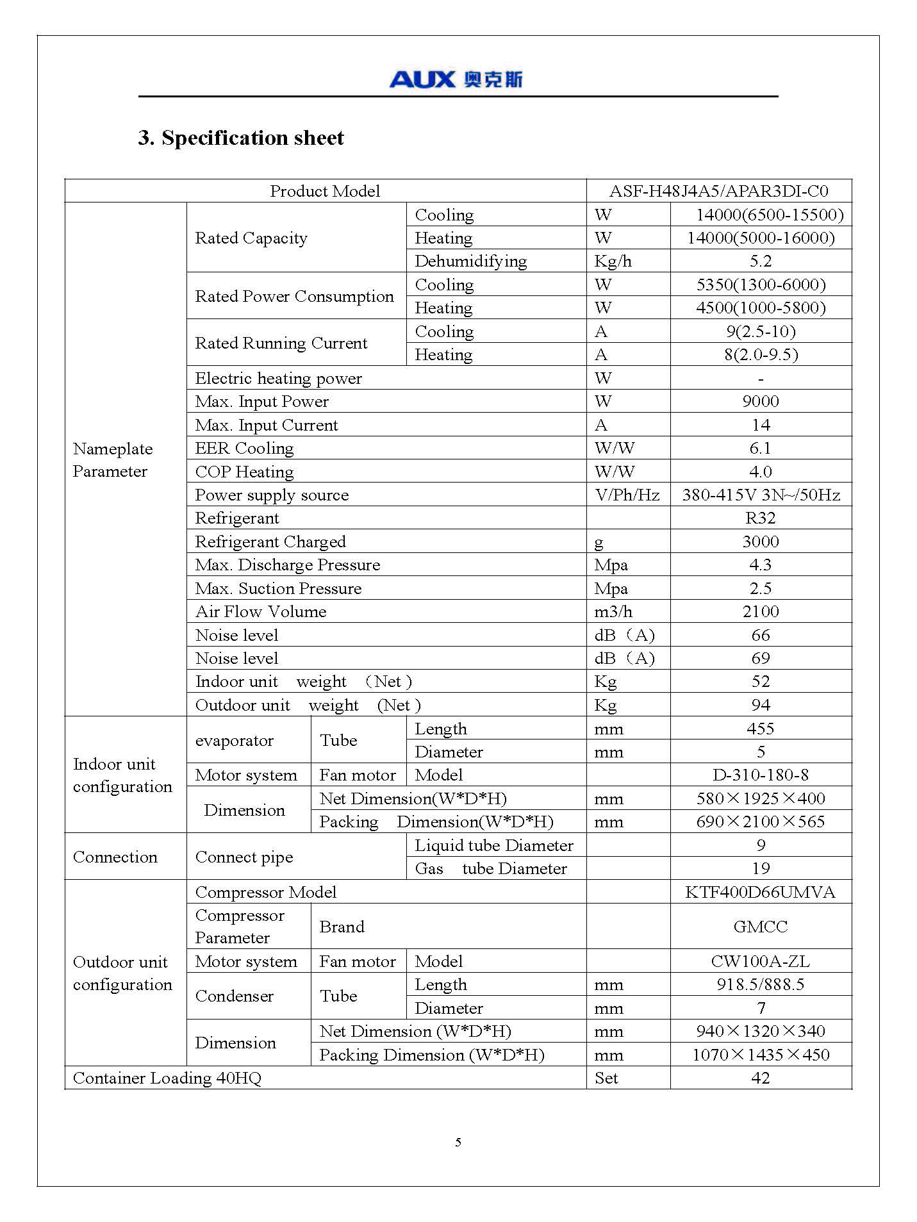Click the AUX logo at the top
[x=456, y=79]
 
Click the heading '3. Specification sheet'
[x=241, y=138]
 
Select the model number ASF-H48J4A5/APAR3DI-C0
[x=718, y=191]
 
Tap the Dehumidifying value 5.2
[x=761, y=261]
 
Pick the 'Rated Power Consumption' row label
[x=294, y=296]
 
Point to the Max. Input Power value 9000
[x=761, y=401]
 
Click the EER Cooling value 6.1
[x=761, y=448]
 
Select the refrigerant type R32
[x=761, y=518]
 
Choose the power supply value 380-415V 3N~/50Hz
[x=761, y=495]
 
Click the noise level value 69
[x=761, y=658]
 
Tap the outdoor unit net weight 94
[x=761, y=705]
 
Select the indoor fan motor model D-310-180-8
[x=761, y=775]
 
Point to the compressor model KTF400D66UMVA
[x=760, y=892]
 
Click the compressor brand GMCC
[x=761, y=927]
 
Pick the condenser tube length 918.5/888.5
[x=761, y=984]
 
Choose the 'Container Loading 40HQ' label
[x=167, y=1078]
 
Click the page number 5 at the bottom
[x=458, y=1142]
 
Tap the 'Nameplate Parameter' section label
[x=113, y=460]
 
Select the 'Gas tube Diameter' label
[x=491, y=868]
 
